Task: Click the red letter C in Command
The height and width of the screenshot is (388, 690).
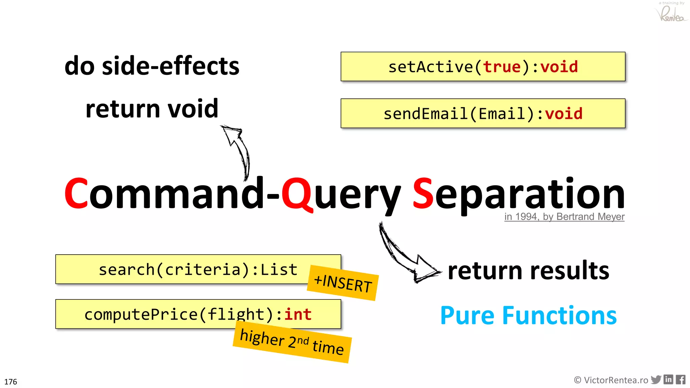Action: [76, 193]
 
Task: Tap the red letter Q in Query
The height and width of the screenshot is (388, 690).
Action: [297, 194]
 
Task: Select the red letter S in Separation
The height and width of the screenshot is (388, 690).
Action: [423, 193]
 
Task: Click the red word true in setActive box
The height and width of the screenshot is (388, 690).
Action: [502, 67]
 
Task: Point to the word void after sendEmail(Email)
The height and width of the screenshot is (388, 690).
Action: [564, 114]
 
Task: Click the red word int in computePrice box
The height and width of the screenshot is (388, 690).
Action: [298, 314]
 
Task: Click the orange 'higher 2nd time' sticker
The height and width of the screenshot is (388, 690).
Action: [292, 342]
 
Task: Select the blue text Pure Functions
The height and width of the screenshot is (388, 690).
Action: [528, 316]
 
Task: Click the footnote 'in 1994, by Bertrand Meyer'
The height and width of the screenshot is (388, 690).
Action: [564, 217]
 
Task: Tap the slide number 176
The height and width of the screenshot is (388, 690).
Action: [10, 382]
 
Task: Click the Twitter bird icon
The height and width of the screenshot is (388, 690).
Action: [656, 380]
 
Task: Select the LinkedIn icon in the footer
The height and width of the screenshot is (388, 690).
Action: [668, 380]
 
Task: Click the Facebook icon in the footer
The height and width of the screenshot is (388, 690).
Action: [681, 380]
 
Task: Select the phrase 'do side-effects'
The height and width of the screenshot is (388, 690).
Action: [152, 66]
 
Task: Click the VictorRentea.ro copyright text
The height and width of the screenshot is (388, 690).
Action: [611, 380]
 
